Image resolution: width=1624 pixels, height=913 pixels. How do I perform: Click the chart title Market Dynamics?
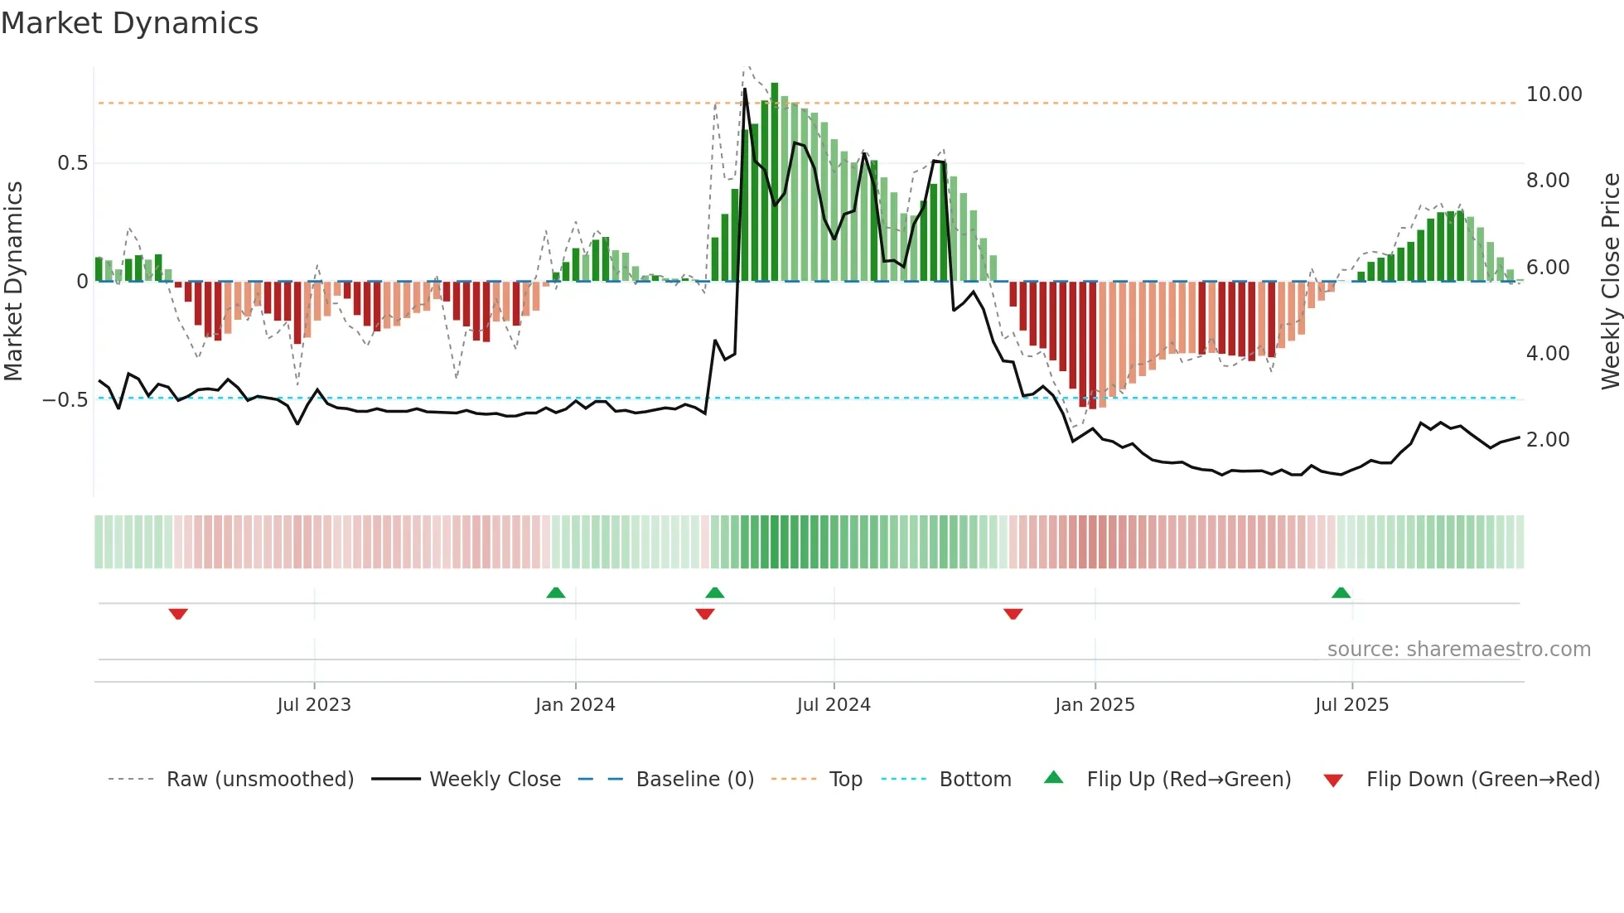130,23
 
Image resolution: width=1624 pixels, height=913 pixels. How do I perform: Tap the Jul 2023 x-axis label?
314,705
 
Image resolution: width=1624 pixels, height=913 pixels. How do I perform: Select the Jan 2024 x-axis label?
575,705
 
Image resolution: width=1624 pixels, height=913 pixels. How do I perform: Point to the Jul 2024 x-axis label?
834,705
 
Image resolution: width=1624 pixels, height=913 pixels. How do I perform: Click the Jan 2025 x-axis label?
1095,705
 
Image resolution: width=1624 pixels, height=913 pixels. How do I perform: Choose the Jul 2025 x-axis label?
1351,705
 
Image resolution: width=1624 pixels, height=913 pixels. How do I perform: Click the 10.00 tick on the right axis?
1554,94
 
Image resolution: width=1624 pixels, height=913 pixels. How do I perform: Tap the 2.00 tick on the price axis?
1548,440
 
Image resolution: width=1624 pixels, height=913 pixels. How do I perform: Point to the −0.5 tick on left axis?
65,400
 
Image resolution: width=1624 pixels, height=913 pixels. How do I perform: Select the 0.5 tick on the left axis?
73,163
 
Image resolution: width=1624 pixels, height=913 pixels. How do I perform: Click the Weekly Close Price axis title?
1610,282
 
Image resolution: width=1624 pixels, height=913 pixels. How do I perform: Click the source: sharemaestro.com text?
1458,650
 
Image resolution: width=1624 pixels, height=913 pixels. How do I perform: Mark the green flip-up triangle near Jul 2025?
1341,592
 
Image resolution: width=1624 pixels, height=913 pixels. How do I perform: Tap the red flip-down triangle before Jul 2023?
178,614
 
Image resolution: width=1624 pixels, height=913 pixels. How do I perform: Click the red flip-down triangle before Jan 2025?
1013,614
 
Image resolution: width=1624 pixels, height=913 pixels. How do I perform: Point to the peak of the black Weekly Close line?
745,89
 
